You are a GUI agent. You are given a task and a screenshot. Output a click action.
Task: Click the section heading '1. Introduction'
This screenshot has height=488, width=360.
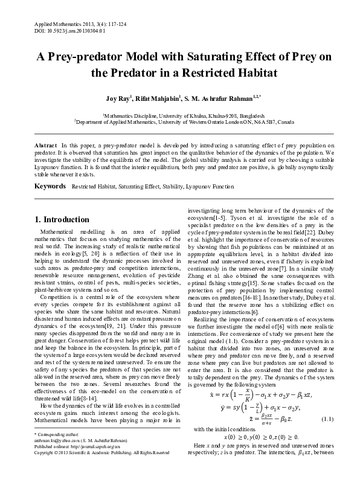(62, 219)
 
